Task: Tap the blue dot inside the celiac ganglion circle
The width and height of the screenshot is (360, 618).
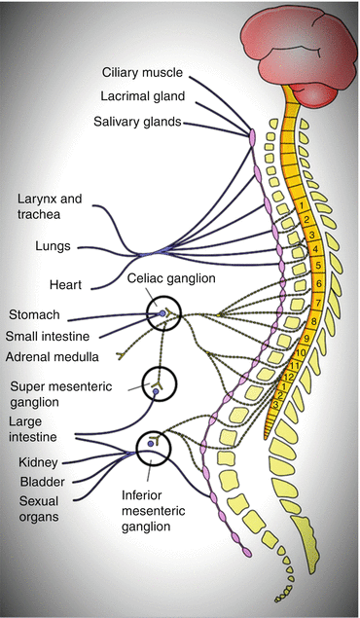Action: point(162,314)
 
